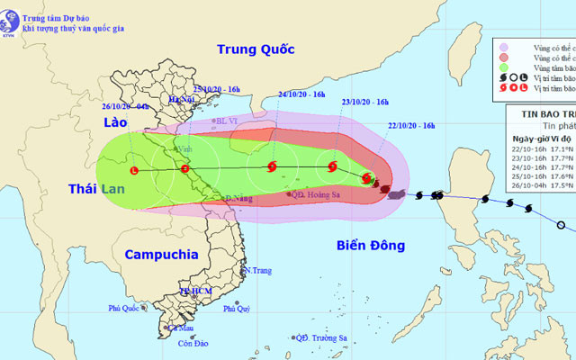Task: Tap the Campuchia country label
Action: (x=161, y=255)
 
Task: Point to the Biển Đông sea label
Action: (x=369, y=245)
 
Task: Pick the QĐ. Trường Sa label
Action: (x=325, y=338)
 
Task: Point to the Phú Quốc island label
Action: (x=127, y=309)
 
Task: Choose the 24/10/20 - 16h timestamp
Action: (x=304, y=93)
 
